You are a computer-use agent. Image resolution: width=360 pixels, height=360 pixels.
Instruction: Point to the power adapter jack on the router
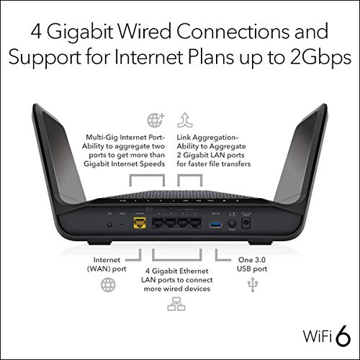click(248, 223)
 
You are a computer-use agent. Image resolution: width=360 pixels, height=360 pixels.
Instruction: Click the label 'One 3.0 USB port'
click(252, 264)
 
